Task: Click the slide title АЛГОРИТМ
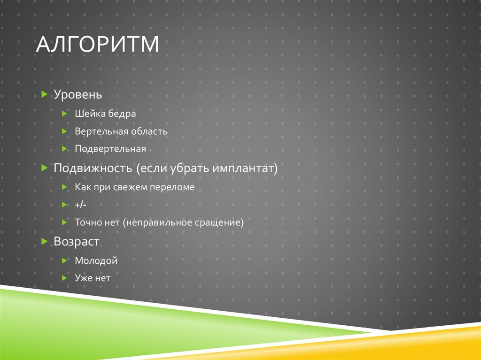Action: click(98, 45)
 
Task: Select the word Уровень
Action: click(78, 94)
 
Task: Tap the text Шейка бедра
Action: click(105, 114)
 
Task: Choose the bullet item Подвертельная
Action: click(110, 149)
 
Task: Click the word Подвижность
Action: click(93, 168)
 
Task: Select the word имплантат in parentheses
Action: click(245, 168)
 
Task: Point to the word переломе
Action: click(172, 187)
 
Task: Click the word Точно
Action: click(87, 223)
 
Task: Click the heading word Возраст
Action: click(77, 242)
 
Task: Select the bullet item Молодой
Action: click(96, 260)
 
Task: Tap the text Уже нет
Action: click(93, 278)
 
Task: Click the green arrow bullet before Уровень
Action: click(44, 94)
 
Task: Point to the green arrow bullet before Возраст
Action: click(44, 242)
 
